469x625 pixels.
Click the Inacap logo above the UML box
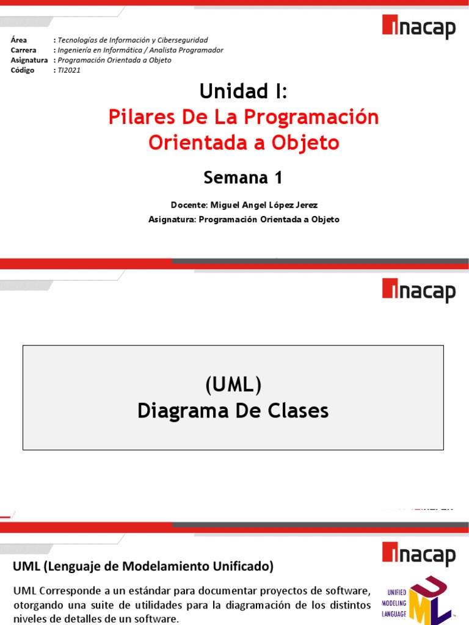(419, 290)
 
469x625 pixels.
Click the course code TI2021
(68, 70)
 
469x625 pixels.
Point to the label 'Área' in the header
(19, 40)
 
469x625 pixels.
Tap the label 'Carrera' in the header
(24, 50)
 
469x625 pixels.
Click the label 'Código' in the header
(23, 70)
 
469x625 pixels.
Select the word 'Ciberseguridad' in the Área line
(181, 40)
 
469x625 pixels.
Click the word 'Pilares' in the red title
(138, 117)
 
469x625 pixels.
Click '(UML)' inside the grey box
(233, 385)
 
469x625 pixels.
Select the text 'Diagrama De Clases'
(233, 411)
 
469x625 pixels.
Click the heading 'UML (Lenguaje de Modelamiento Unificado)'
(144, 566)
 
